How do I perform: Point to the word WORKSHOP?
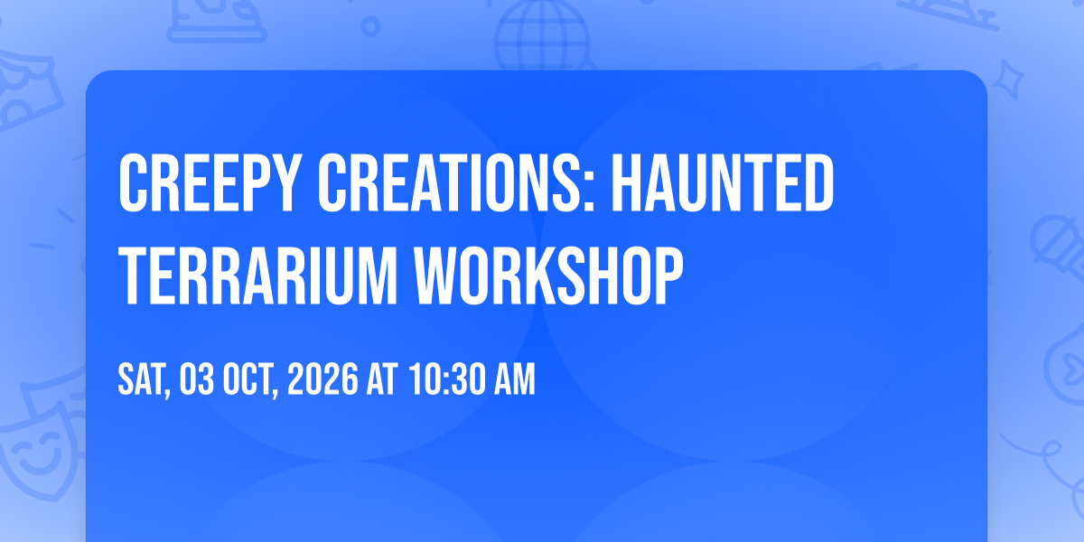click(547, 276)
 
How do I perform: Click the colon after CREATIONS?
click(588, 192)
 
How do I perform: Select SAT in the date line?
click(144, 379)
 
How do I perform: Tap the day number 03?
click(197, 378)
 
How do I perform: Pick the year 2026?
click(322, 378)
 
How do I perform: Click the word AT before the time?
click(382, 378)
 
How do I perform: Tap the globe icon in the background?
click(542, 34)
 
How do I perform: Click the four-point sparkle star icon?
click(1007, 80)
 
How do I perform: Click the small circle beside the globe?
click(370, 26)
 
